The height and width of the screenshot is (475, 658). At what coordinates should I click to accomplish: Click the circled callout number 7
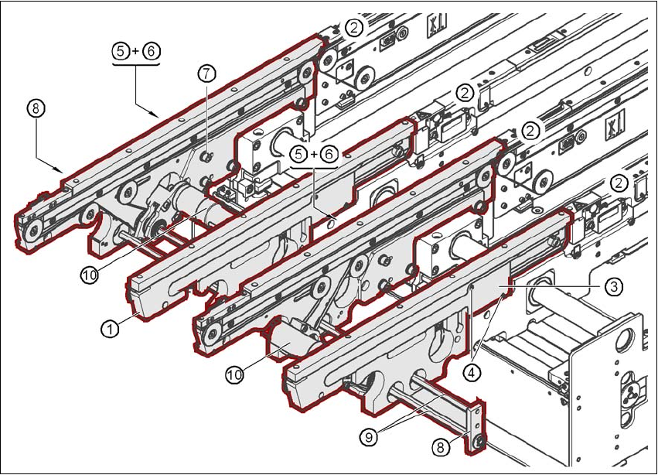pyautogui.click(x=206, y=73)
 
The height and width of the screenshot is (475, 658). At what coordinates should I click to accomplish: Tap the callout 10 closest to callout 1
pyautogui.click(x=89, y=275)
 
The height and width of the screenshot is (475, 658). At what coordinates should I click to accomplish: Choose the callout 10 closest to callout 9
pyautogui.click(x=235, y=374)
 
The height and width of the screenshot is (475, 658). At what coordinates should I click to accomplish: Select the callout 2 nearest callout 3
pyautogui.click(x=619, y=183)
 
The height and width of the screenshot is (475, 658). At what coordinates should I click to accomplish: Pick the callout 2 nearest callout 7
pyautogui.click(x=354, y=29)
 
